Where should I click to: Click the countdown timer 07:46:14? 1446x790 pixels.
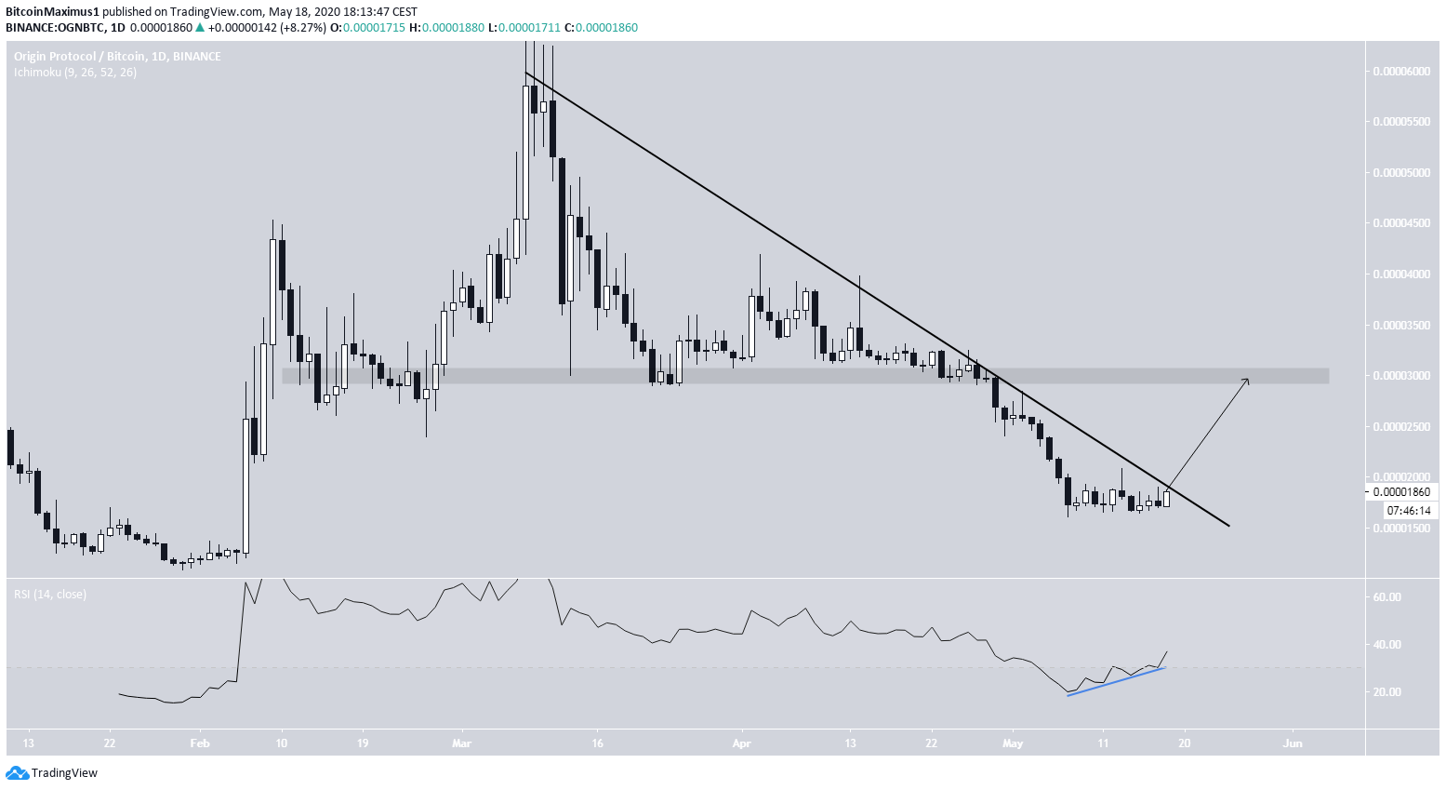(1409, 511)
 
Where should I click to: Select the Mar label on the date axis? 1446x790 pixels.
(462, 743)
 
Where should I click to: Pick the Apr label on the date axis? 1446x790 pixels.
(741, 743)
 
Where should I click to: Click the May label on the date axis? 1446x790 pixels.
(1013, 743)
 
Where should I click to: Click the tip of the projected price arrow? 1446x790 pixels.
(1248, 380)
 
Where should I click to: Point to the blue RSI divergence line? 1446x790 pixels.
(1116, 682)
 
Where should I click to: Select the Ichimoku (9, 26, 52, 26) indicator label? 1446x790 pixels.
(75, 73)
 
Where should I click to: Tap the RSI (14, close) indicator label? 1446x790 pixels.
(50, 594)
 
